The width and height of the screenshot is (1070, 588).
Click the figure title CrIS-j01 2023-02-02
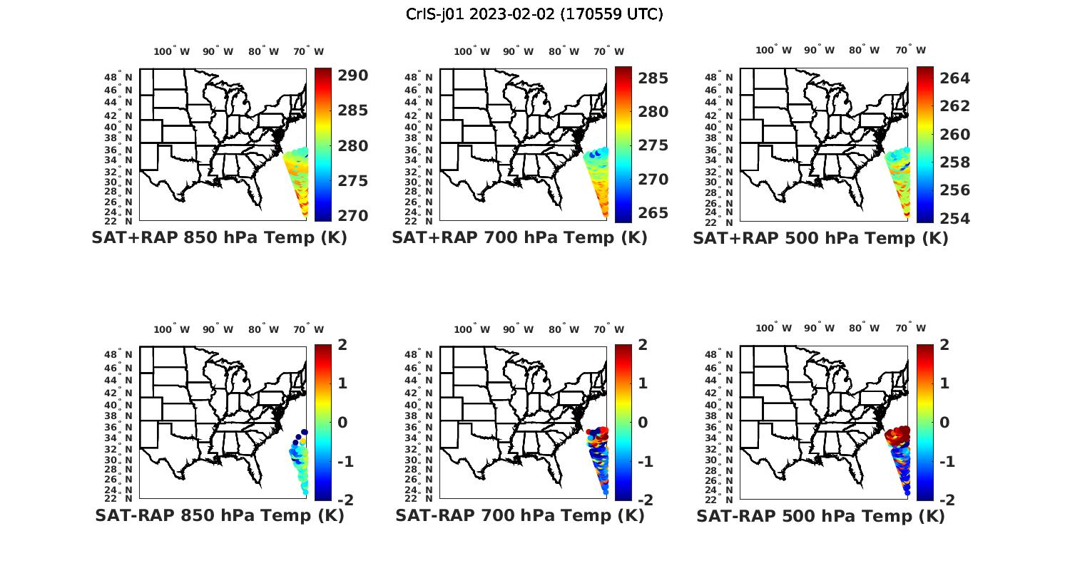[x=534, y=14]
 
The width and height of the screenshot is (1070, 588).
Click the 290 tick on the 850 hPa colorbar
[x=352, y=76]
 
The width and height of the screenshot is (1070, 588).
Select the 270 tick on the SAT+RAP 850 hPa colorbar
[x=352, y=215]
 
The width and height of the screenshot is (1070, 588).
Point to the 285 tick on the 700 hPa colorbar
[x=653, y=78]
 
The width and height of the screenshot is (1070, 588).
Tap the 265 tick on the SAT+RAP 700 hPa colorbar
[x=653, y=212]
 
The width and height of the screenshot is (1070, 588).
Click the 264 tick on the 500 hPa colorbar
[x=954, y=78]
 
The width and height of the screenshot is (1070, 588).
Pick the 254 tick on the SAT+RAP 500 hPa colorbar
[x=954, y=218]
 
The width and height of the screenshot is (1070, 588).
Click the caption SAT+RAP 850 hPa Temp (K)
[x=219, y=238]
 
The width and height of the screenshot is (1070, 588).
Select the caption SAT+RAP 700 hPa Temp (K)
[x=519, y=238]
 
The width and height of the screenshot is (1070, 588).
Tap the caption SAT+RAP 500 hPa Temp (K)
[x=820, y=238]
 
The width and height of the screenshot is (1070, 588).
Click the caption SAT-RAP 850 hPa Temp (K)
[x=219, y=515]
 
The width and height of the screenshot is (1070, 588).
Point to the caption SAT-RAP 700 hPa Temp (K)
[x=519, y=515]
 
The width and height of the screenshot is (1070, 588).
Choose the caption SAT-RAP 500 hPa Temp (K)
[x=820, y=515]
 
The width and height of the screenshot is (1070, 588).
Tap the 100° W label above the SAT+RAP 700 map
[x=472, y=51]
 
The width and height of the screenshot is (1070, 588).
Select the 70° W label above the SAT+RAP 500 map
[x=910, y=50]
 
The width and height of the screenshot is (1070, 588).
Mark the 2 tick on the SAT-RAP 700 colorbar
[x=643, y=344]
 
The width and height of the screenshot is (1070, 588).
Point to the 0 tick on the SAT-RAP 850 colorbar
[x=342, y=422]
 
